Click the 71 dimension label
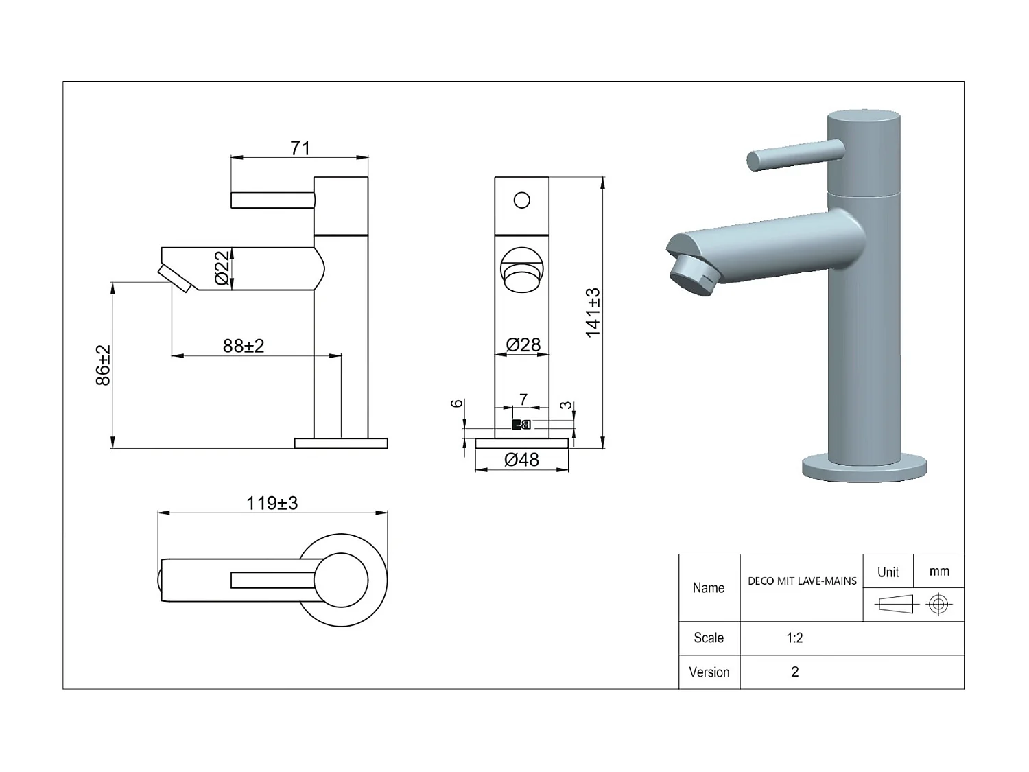pyautogui.click(x=300, y=148)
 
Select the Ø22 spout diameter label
pyautogui.click(x=222, y=268)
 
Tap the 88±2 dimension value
pyautogui.click(x=244, y=346)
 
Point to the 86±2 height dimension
pyautogui.click(x=103, y=365)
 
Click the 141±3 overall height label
pyautogui.click(x=593, y=312)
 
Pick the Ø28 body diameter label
pyautogui.click(x=523, y=344)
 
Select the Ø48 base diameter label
pyautogui.click(x=521, y=460)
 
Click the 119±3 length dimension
pyautogui.click(x=272, y=503)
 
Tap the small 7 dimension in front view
pyautogui.click(x=523, y=399)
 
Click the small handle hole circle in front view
pyautogui.click(x=522, y=200)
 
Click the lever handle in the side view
pyautogui.click(x=272, y=200)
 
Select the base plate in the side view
pyautogui.click(x=341, y=443)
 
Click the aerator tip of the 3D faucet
pyautogui.click(x=693, y=275)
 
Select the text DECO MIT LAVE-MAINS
pyautogui.click(x=802, y=581)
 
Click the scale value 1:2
pyautogui.click(x=794, y=638)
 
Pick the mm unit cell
pyautogui.click(x=939, y=572)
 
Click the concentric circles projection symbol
pyautogui.click(x=938, y=605)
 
